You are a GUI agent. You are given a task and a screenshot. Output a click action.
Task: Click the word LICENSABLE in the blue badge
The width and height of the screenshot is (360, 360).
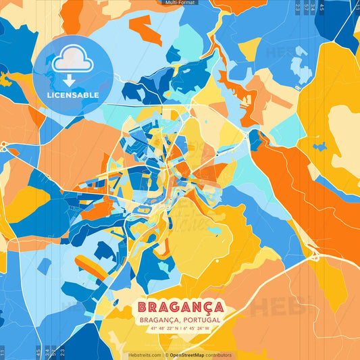[x=73, y=95]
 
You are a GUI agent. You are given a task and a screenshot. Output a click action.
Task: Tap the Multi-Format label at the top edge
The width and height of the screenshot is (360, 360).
[x=180, y=3]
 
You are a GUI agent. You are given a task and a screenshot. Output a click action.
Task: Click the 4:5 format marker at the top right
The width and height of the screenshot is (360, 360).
[x=322, y=6]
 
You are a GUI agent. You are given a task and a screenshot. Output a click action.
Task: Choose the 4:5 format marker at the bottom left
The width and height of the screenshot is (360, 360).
[x=37, y=353]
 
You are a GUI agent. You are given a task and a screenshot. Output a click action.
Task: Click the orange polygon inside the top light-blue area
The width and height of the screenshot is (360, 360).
[x=145, y=30]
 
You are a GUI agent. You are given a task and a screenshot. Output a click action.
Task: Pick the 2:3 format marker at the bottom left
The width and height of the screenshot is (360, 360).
[x=61, y=353]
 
